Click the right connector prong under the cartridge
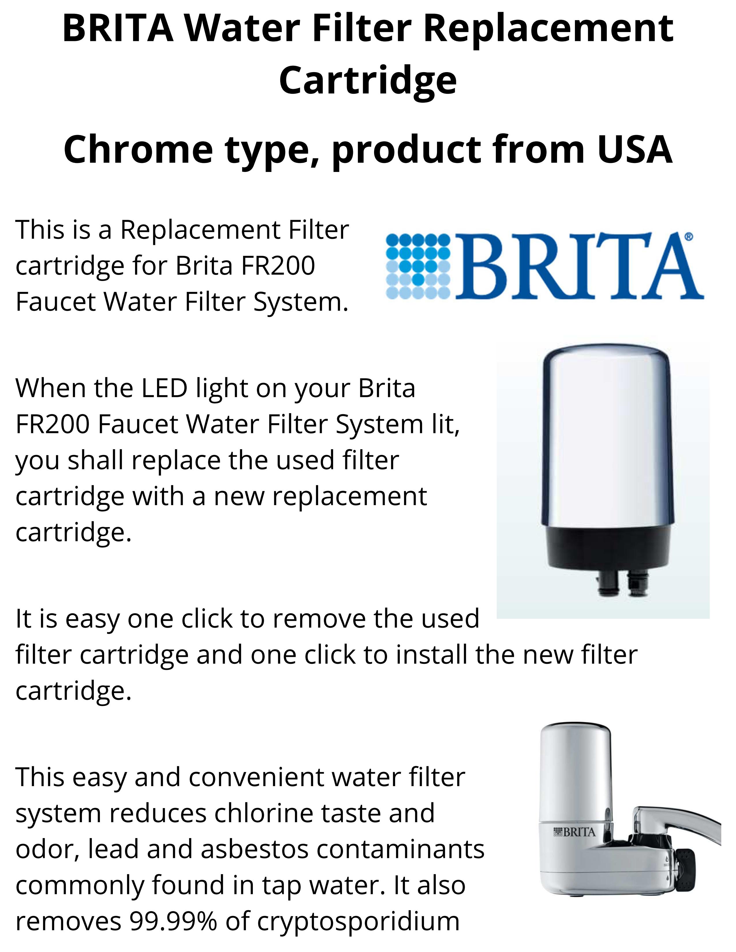point(637,584)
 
